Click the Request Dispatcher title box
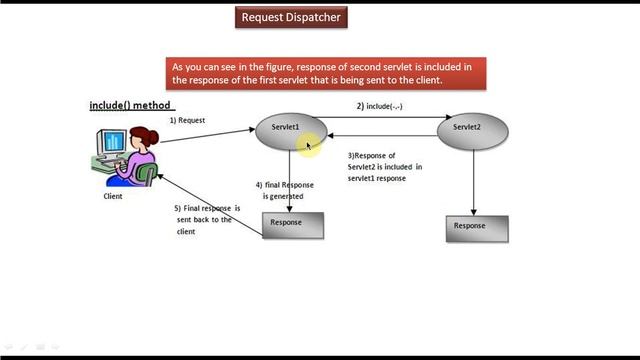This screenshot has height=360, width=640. click(292, 17)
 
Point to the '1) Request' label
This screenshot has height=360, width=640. click(187, 120)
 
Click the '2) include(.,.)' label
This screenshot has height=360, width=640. click(380, 105)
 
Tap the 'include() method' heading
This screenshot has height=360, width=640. click(132, 105)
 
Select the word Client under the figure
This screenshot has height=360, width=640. click(113, 196)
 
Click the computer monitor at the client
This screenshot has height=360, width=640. click(113, 141)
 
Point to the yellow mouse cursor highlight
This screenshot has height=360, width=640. click(311, 146)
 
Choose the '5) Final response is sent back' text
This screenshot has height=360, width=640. click(205, 219)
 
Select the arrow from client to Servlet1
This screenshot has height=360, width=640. click(205, 134)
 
